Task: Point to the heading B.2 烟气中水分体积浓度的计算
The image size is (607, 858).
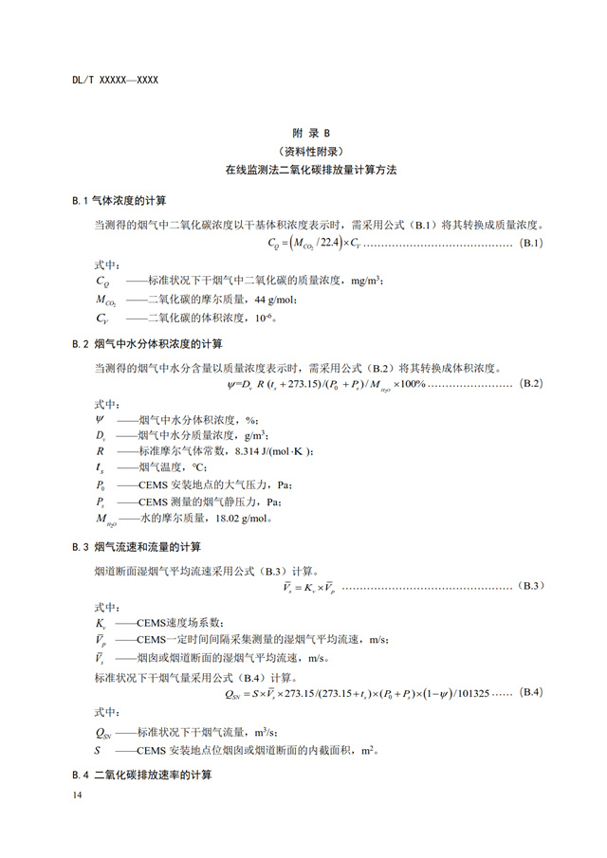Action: (148, 343)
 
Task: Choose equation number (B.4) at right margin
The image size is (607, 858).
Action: (530, 693)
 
